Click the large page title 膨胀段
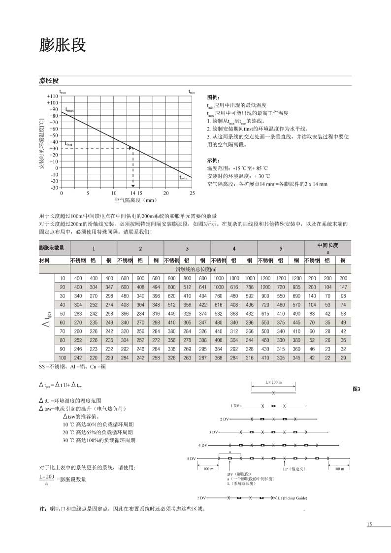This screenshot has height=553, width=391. pos(63,45)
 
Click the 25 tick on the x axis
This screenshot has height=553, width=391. pos(192,193)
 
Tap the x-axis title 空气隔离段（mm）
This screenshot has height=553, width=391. pos(135,200)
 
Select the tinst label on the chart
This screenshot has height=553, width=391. pos(68,145)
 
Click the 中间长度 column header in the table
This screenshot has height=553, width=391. pos(327,245)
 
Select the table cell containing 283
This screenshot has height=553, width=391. pos(78,313)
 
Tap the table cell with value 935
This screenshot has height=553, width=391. pos(296,287)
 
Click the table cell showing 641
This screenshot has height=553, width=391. pos(202,287)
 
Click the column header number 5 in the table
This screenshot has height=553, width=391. pos(281,248)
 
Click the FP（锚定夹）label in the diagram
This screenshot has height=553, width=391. pos(295,469)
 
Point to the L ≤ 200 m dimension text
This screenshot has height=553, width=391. pos(273,382)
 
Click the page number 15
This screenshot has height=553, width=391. pos(369,524)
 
